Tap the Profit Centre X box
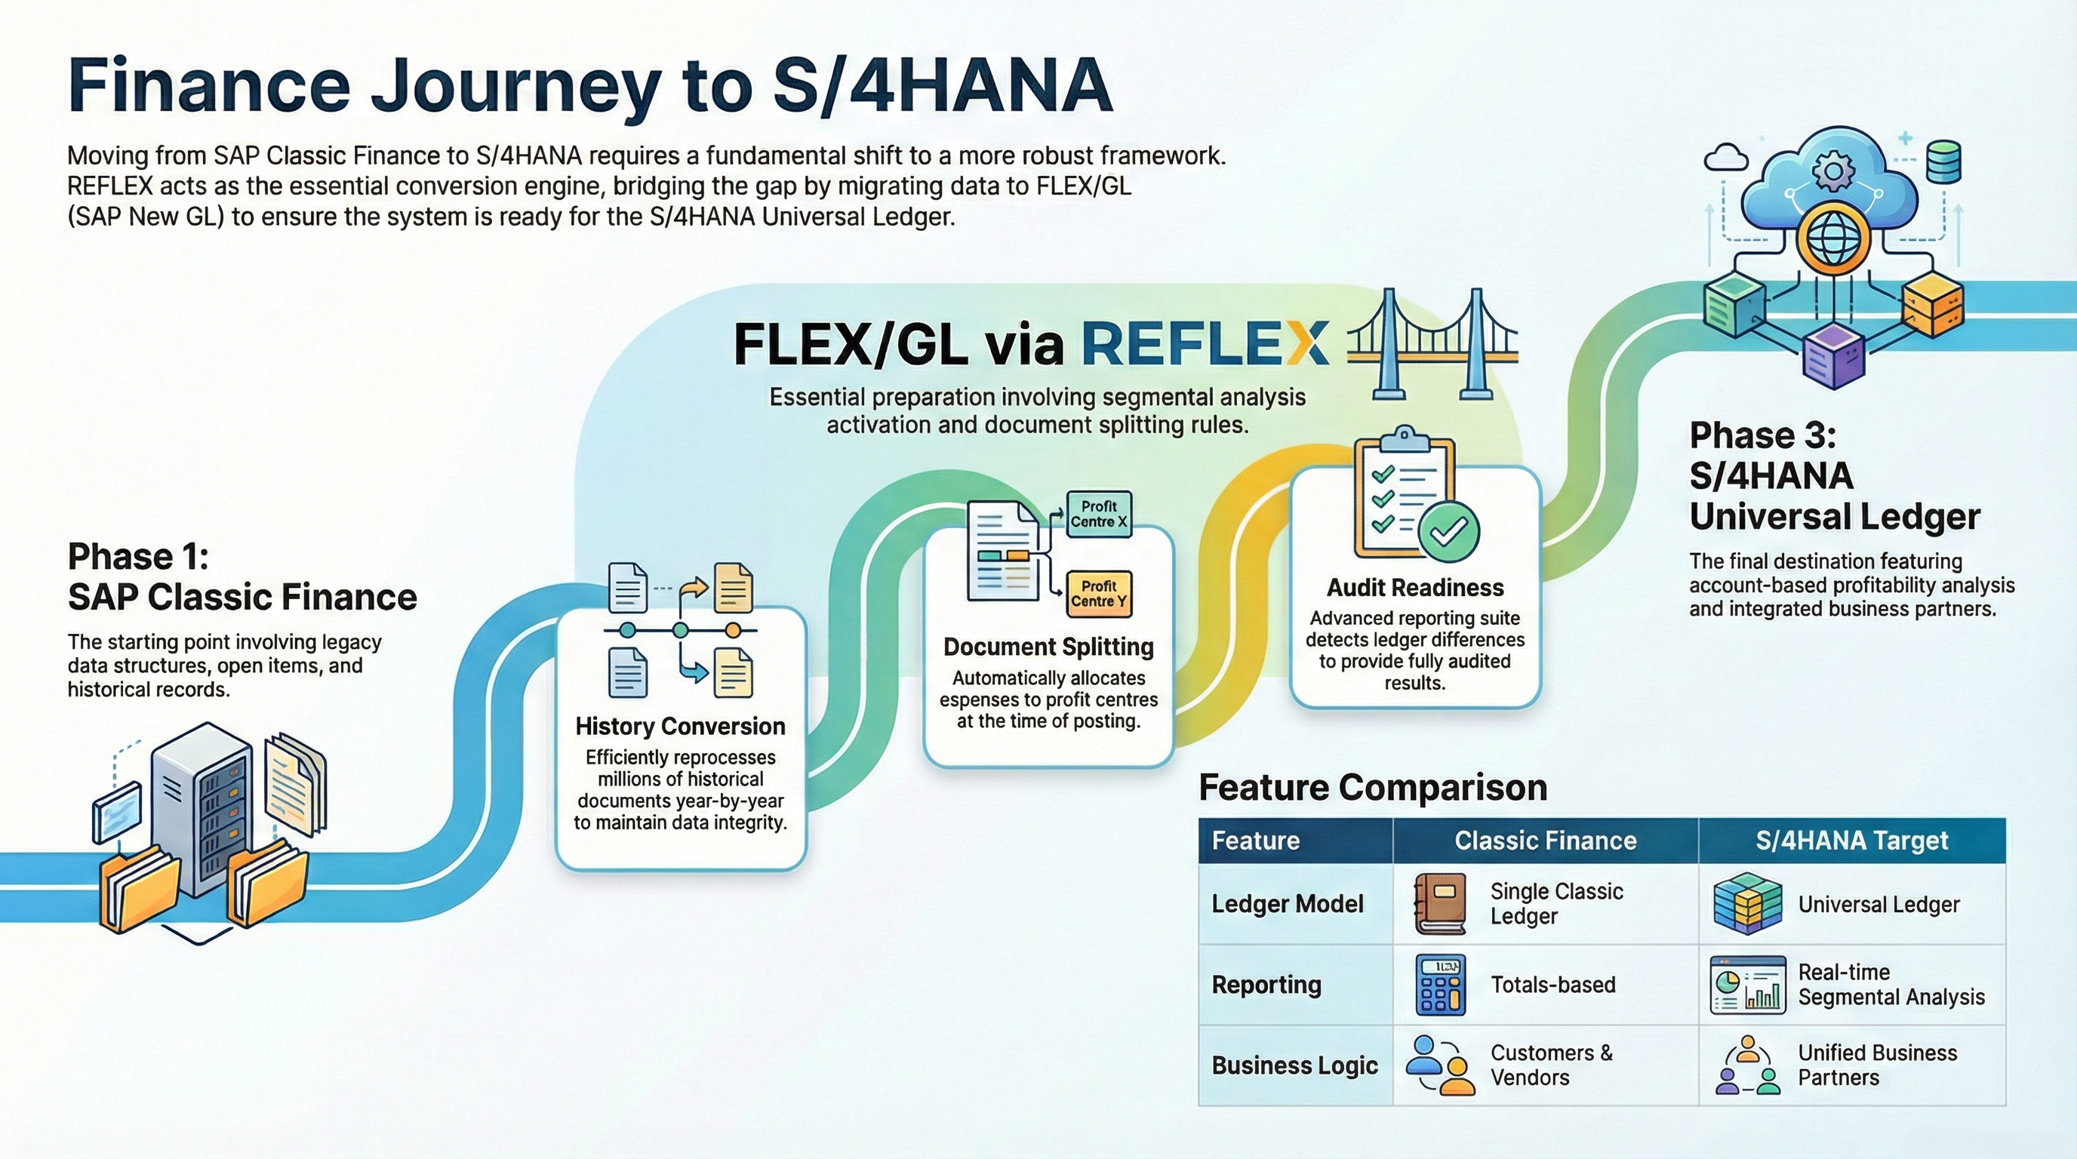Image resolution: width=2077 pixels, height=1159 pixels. (1098, 514)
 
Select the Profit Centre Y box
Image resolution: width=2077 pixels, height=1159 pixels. (1098, 594)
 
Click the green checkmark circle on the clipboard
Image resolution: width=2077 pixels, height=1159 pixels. (1448, 531)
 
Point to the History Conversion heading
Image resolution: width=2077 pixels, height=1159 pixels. (680, 726)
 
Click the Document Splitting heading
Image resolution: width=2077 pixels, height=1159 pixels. (1048, 647)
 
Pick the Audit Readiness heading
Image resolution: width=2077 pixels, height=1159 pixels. (1415, 588)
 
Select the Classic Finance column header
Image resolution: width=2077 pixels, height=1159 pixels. (1545, 841)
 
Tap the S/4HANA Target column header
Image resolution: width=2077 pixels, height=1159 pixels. (1851, 841)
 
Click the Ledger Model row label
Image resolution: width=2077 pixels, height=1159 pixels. (1287, 903)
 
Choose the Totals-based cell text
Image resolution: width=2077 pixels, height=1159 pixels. (1553, 984)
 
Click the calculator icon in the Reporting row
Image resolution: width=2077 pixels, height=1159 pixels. (1440, 984)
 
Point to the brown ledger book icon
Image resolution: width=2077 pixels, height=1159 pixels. (1440, 903)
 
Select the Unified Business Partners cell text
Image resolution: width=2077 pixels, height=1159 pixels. (1877, 1065)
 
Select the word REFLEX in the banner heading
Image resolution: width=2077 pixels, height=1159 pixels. (1205, 344)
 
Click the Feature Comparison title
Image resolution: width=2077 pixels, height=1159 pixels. (1372, 788)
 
